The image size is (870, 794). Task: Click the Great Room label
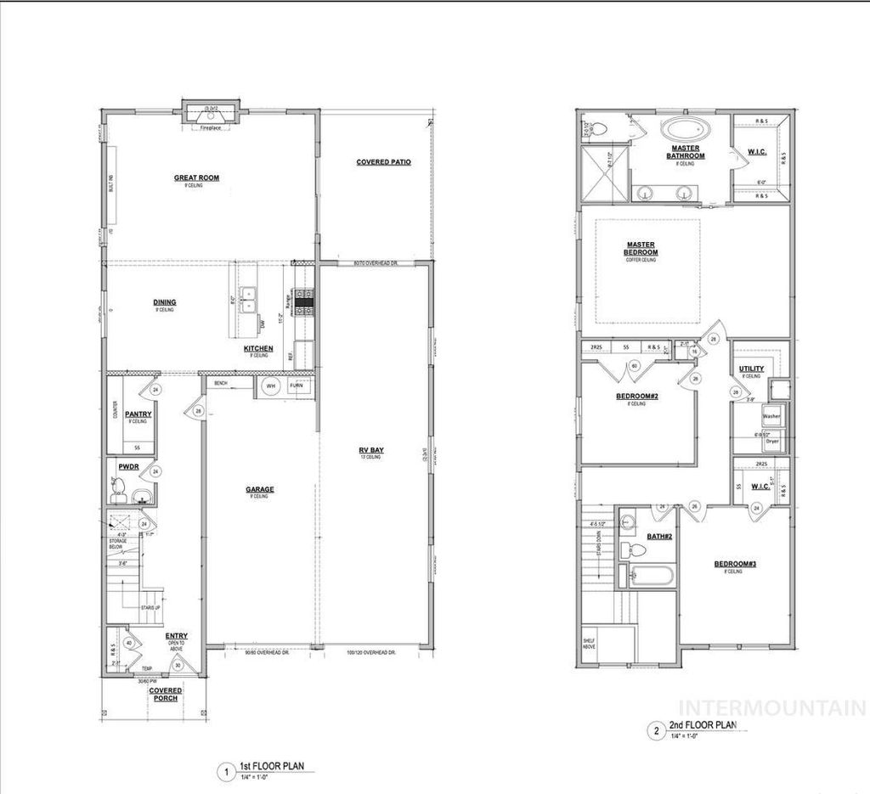pos(196,177)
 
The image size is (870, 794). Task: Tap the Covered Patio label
pos(383,161)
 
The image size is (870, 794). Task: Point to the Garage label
pos(259,489)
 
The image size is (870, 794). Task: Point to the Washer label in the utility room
pos(771,417)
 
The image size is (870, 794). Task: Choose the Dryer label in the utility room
pos(771,441)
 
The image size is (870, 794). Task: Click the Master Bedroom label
pos(641,248)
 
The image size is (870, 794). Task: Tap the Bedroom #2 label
pos(637,397)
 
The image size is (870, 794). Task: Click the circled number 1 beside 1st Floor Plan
pos(225,773)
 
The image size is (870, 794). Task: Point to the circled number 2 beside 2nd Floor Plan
pos(655,729)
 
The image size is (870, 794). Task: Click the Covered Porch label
pos(165,694)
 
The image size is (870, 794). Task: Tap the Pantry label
pos(138,414)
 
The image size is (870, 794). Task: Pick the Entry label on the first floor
pos(177,635)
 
